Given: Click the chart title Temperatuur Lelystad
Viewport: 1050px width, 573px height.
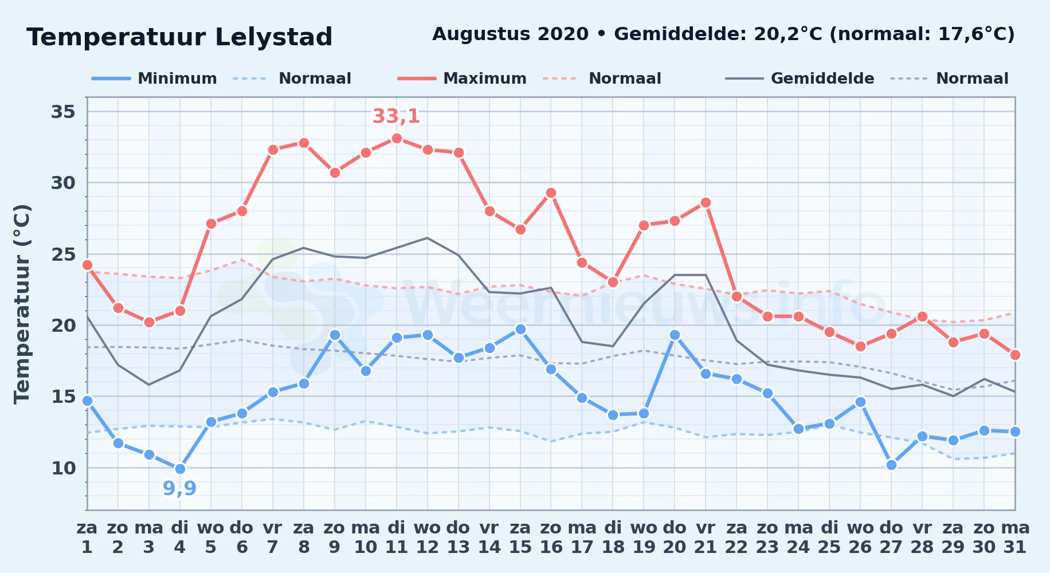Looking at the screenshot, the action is pyautogui.click(x=179, y=37).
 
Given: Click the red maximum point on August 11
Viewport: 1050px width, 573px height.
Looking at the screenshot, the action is pyautogui.click(x=397, y=138).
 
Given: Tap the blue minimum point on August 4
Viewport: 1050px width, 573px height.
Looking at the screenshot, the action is pyautogui.click(x=180, y=469).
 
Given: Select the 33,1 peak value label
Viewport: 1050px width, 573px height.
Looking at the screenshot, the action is pyautogui.click(x=396, y=116).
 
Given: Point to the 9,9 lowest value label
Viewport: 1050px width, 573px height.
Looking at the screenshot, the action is pyautogui.click(x=179, y=488).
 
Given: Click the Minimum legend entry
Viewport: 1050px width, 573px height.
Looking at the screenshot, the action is pyautogui.click(x=155, y=79).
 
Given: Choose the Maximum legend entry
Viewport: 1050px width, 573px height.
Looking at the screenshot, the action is pyautogui.click(x=462, y=79).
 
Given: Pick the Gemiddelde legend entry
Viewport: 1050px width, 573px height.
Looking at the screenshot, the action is pyautogui.click(x=800, y=79).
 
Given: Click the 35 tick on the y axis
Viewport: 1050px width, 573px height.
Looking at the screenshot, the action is pyautogui.click(x=63, y=111).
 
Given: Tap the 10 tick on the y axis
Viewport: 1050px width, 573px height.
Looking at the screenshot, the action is pyautogui.click(x=63, y=468).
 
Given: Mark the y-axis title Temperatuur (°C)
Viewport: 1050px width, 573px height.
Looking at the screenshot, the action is pyautogui.click(x=22, y=304).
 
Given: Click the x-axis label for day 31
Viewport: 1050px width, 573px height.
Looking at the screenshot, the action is pyautogui.click(x=1015, y=537).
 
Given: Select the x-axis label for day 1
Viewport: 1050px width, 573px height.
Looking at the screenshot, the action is pyautogui.click(x=87, y=537).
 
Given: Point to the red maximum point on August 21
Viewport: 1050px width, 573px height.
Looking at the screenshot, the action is pyautogui.click(x=706, y=202).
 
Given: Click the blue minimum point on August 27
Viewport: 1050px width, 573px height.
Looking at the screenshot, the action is pyautogui.click(x=891, y=465).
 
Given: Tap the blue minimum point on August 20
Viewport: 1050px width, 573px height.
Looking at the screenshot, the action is pyautogui.click(x=675, y=335).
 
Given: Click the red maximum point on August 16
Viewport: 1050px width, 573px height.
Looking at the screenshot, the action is pyautogui.click(x=551, y=193).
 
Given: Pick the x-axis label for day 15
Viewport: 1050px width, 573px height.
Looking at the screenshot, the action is pyautogui.click(x=520, y=537).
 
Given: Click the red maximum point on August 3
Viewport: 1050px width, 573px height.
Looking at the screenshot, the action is pyautogui.click(x=149, y=322).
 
